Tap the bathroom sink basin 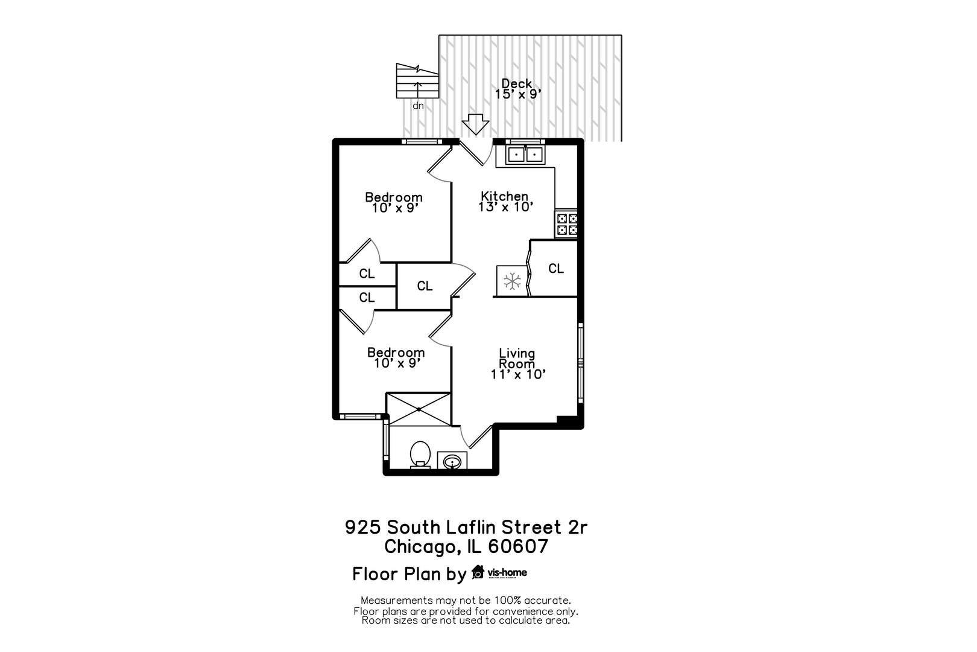click(x=452, y=462)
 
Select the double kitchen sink click(x=525, y=155)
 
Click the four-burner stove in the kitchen click(x=566, y=224)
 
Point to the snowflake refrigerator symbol click(x=512, y=281)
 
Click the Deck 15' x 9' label click(x=517, y=89)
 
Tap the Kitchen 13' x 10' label click(x=505, y=201)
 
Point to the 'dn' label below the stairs click(x=418, y=106)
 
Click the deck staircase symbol click(x=417, y=81)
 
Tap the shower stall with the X click(x=419, y=409)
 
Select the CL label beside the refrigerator click(x=556, y=269)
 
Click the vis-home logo click(x=499, y=572)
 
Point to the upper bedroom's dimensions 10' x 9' click(x=396, y=208)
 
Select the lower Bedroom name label click(x=396, y=352)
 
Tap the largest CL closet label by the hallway click(x=425, y=286)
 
